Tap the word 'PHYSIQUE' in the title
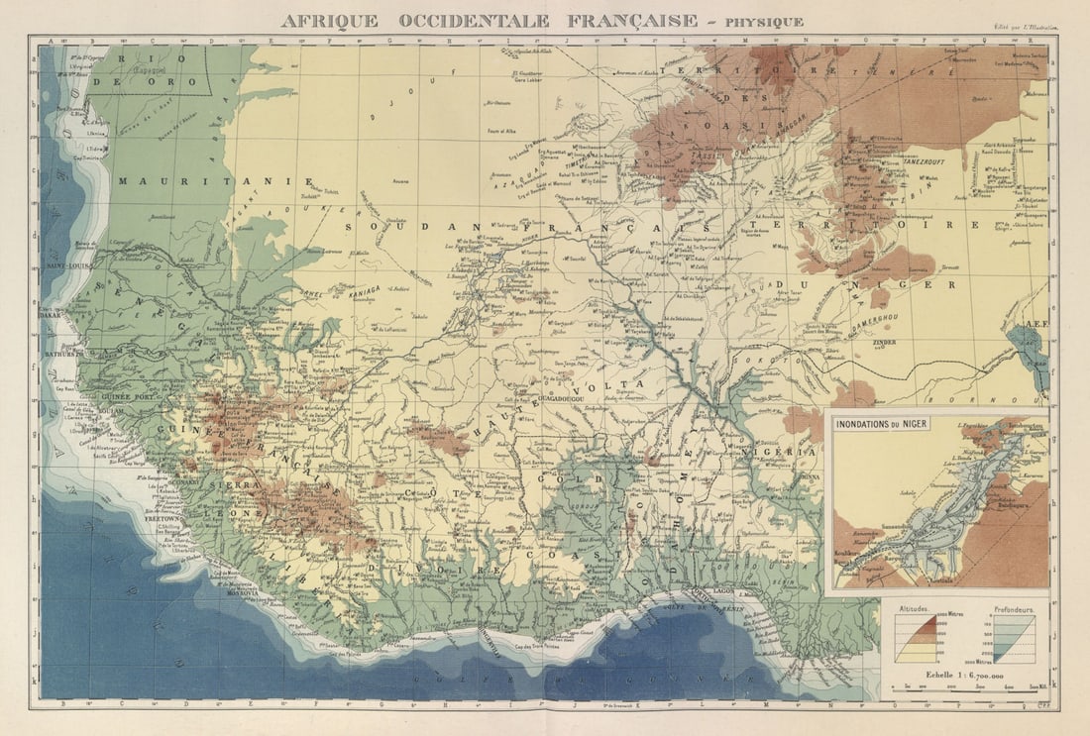click(763, 22)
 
